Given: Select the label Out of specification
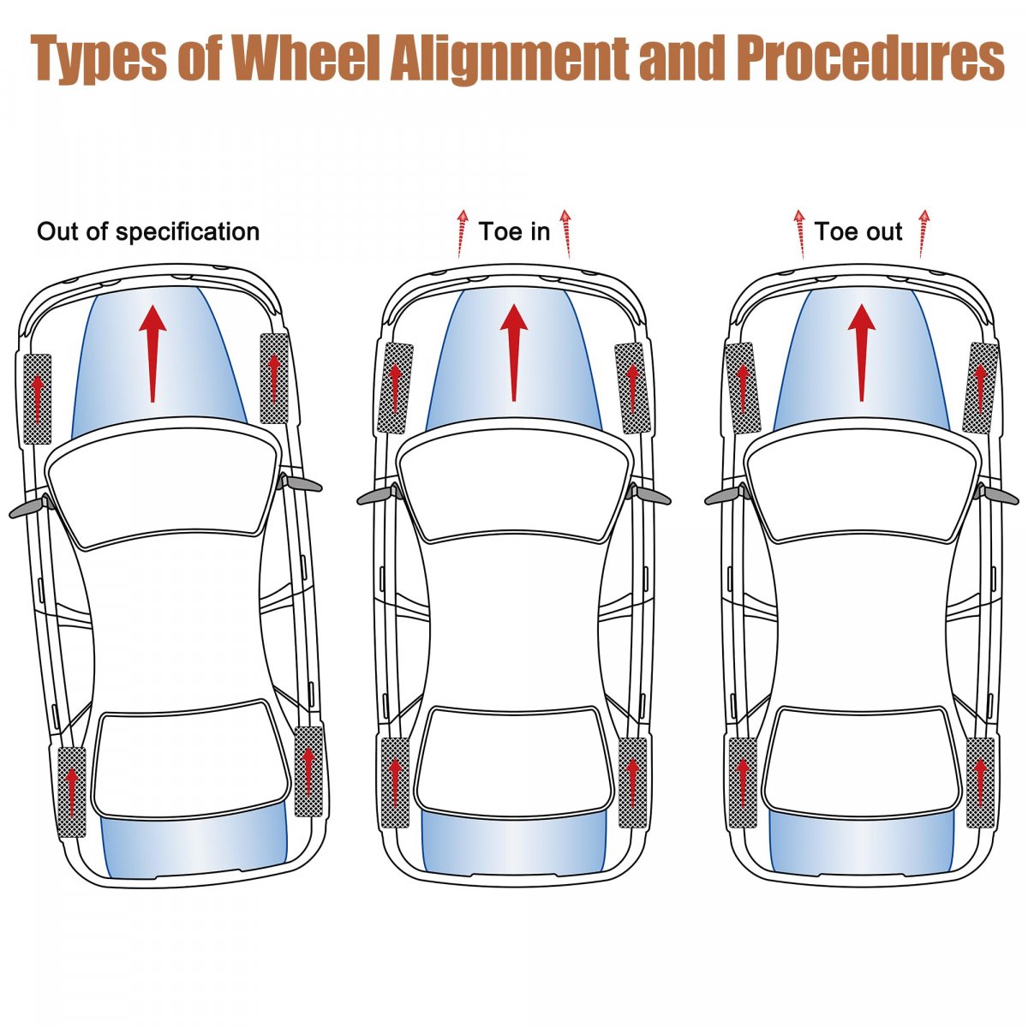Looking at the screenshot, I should [148, 231].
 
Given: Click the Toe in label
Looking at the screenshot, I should [514, 230].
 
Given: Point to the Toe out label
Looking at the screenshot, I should [858, 231].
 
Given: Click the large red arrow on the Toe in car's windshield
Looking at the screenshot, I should [514, 351].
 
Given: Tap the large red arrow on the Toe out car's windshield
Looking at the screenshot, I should [862, 351].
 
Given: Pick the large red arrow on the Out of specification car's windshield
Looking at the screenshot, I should [152, 351].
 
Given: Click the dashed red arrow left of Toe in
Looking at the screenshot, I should [462, 233].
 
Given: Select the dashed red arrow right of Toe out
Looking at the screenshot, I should [923, 233].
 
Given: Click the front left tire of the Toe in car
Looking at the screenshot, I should [395, 388].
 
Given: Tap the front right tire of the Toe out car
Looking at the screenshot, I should [980, 387].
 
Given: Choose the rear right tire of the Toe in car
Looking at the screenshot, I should [632, 782].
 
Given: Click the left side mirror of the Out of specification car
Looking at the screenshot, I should [26, 508].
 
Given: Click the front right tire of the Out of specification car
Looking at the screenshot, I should [274, 378].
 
